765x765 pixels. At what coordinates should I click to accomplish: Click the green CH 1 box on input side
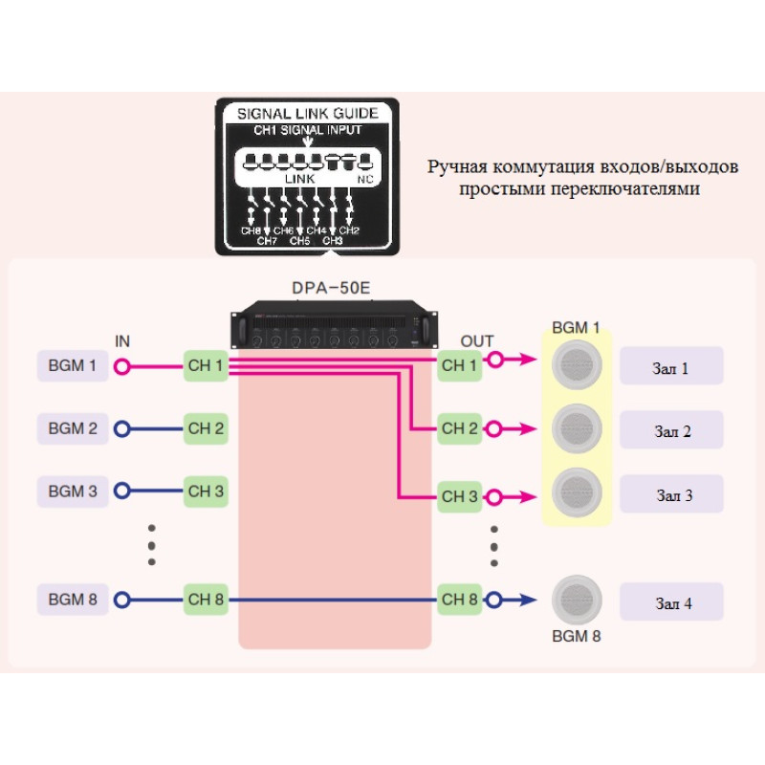pyautogui.click(x=206, y=365)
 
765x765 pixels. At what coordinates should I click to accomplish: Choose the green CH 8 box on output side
pyautogui.click(x=459, y=600)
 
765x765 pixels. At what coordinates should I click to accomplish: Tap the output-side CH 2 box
pyautogui.click(x=459, y=428)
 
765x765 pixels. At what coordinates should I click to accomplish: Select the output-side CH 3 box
pyautogui.click(x=459, y=496)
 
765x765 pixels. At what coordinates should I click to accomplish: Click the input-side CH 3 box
pyautogui.click(x=206, y=492)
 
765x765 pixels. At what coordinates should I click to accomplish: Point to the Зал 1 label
pyautogui.click(x=671, y=366)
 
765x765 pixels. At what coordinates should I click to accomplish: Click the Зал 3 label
pyautogui.click(x=671, y=495)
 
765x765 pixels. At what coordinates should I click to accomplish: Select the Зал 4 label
pyautogui.click(x=671, y=603)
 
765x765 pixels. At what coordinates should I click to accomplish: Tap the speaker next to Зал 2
pyautogui.click(x=578, y=427)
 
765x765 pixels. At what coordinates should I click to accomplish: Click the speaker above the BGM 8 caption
pyautogui.click(x=578, y=599)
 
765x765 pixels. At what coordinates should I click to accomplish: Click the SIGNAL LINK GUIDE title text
pyautogui.click(x=307, y=113)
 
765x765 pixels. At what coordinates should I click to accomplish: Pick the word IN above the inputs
pyautogui.click(x=122, y=340)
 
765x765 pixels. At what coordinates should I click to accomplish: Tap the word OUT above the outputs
pyautogui.click(x=477, y=341)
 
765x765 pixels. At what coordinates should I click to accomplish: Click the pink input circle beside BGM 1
pyautogui.click(x=121, y=365)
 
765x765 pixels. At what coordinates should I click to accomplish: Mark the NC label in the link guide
pyautogui.click(x=364, y=179)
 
